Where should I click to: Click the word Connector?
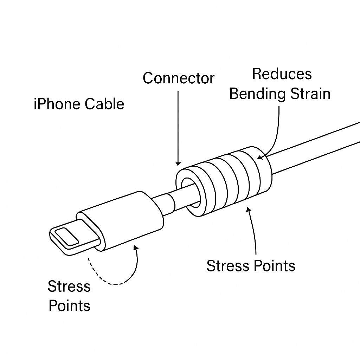point(178,78)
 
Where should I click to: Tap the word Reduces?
point(282,74)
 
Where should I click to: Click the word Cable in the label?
point(104,104)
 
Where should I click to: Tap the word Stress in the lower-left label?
point(69,286)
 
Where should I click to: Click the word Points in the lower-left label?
point(69,306)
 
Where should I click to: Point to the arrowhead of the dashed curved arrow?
point(136,247)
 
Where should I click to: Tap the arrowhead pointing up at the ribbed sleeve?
point(249,209)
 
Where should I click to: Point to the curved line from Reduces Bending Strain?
point(276,134)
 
